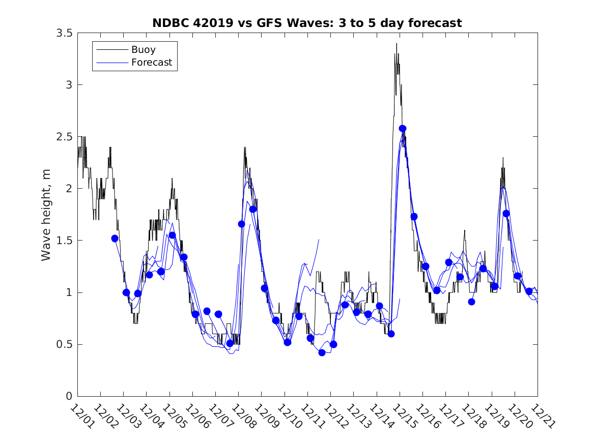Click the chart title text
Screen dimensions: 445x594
307,23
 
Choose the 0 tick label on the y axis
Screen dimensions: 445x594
69,396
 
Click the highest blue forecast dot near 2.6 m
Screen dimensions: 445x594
403,129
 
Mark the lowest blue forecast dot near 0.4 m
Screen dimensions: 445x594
322,352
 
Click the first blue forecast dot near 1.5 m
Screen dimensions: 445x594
115,239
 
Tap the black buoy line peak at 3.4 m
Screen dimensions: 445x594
397,44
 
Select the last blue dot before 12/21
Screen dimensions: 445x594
529,291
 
